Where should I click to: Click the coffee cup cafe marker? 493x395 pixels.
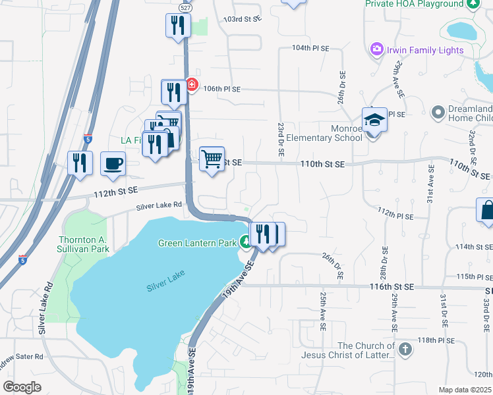coord(113,163)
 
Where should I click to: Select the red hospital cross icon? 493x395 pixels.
coord(191,84)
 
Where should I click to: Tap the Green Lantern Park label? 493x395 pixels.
coord(197,243)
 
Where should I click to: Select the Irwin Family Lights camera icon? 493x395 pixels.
coord(377,49)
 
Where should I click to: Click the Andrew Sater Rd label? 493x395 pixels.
coord(21,356)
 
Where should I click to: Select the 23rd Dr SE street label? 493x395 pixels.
coord(281,139)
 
